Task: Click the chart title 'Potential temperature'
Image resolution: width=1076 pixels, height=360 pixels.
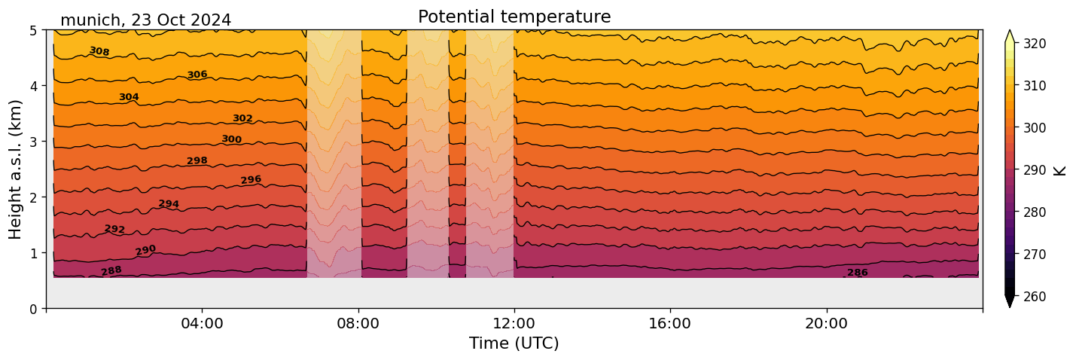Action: point(514,17)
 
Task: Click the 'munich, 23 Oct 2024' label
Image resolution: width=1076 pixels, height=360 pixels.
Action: point(145,20)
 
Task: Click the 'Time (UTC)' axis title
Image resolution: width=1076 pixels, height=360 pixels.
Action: point(514,343)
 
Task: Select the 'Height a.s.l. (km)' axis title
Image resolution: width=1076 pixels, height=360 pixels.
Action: point(16,169)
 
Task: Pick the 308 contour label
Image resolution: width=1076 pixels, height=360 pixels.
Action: point(99,51)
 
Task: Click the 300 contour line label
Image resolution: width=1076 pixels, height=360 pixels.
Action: point(232,139)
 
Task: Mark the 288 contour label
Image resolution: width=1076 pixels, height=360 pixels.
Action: point(111,271)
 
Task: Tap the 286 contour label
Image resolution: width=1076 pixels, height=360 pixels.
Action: point(858,273)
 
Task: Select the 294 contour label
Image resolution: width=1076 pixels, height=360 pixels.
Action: point(169,204)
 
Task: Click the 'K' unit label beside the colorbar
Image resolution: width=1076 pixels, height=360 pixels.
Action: point(1060,169)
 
